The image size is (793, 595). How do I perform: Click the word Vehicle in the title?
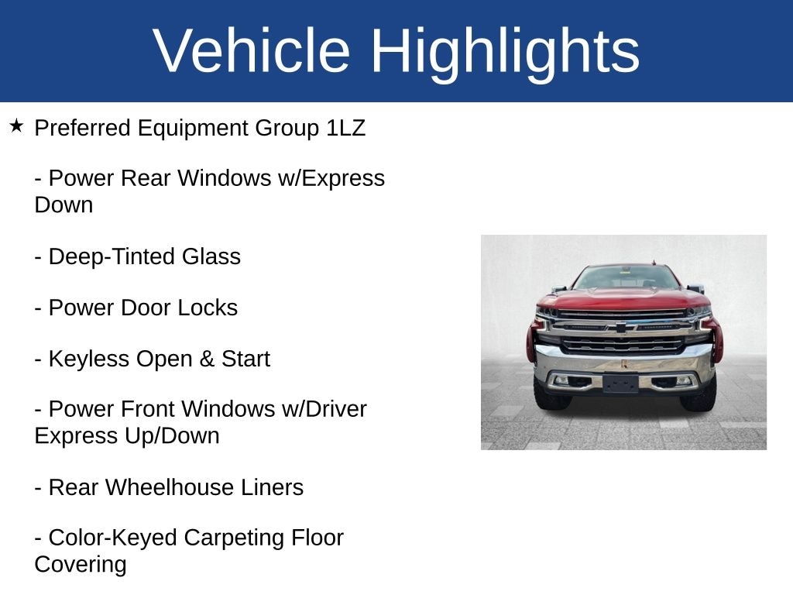[252, 50]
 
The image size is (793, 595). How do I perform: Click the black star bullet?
[16, 126]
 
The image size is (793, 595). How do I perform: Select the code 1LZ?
[346, 128]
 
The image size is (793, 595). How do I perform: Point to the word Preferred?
[82, 128]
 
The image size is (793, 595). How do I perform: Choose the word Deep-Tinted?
[112, 257]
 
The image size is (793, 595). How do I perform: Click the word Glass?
[211, 256]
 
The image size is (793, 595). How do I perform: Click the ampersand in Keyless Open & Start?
[207, 359]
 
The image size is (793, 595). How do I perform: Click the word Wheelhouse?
[169, 487]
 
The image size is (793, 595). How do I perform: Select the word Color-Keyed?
[113, 538]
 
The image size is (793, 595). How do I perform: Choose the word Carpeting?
[234, 538]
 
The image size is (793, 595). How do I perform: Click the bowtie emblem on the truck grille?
[620, 328]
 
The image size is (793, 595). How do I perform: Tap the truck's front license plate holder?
[621, 383]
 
